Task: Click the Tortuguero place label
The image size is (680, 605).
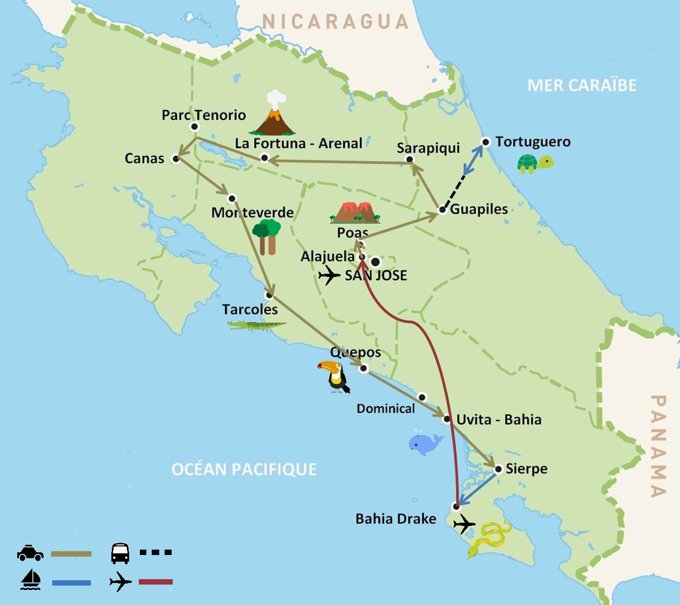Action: (x=533, y=142)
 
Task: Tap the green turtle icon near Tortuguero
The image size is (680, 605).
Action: (x=535, y=163)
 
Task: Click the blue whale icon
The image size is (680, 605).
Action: (x=425, y=443)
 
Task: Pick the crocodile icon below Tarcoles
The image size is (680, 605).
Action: (x=257, y=325)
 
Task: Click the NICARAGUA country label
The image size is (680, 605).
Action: (x=336, y=22)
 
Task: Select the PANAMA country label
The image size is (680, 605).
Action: (x=658, y=446)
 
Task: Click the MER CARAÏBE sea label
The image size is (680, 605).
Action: (x=582, y=86)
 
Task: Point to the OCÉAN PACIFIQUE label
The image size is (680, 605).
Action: (x=244, y=469)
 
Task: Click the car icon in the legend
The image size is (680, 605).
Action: (x=30, y=553)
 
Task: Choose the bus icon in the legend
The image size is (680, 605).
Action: (x=120, y=553)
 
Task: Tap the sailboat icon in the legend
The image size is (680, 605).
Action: (x=31, y=580)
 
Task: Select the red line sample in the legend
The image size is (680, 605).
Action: (x=155, y=582)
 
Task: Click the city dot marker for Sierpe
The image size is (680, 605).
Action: (x=498, y=469)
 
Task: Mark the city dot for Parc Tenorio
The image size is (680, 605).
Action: (x=195, y=127)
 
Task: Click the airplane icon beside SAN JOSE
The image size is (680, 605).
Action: (x=329, y=276)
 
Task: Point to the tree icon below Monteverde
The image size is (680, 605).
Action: (x=267, y=236)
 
